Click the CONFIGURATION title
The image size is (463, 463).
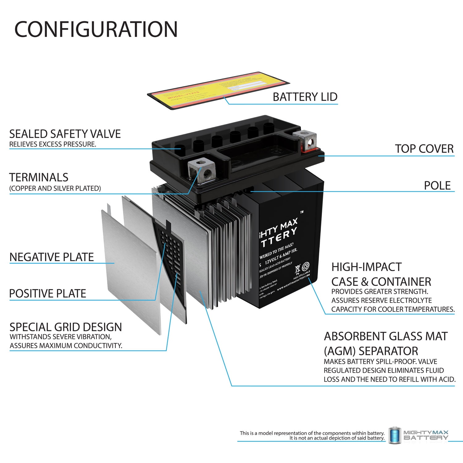click(x=96, y=29)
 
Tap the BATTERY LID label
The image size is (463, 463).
click(x=305, y=97)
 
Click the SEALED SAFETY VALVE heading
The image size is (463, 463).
click(x=65, y=134)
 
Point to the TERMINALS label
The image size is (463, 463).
click(x=39, y=177)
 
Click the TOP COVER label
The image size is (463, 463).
click(x=424, y=149)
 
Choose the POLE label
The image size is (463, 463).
click(x=437, y=186)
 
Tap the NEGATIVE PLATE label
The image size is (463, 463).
click(x=52, y=257)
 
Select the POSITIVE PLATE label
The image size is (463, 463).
click(x=48, y=294)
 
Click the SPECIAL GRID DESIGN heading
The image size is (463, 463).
click(x=65, y=327)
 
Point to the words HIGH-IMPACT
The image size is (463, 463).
click(x=366, y=267)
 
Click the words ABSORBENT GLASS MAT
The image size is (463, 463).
click(x=386, y=336)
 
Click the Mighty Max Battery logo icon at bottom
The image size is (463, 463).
click(x=394, y=436)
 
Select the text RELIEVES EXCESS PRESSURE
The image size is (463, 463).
click(x=52, y=144)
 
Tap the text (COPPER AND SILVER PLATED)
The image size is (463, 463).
click(x=55, y=188)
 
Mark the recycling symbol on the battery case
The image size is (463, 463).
click(x=305, y=266)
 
